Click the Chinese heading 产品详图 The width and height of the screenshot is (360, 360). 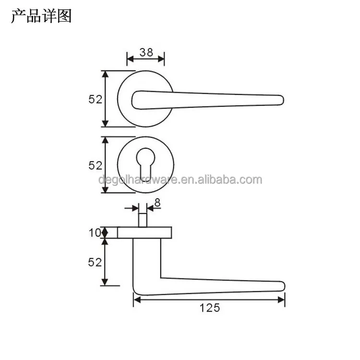(x=41, y=16)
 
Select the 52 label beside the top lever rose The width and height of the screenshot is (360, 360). (x=96, y=99)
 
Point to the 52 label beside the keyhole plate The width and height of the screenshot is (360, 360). (x=96, y=165)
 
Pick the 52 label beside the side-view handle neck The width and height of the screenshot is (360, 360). (x=96, y=262)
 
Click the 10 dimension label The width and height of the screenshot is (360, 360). (x=95, y=233)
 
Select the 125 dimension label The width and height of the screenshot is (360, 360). (x=210, y=308)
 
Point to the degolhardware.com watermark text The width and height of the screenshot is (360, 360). (x=180, y=180)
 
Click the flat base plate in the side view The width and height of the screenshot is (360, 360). (x=144, y=232)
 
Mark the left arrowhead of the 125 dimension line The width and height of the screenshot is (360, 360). (x=136, y=300)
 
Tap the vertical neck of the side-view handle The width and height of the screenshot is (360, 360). (x=146, y=259)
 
